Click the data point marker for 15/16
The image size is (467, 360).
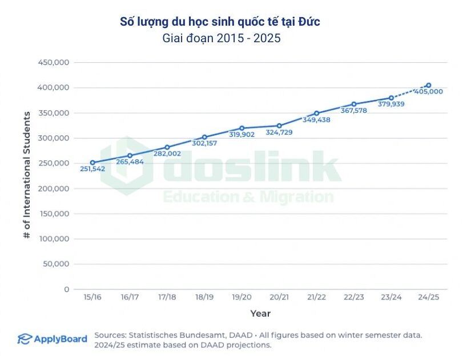[x=92, y=163]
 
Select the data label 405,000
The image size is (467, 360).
[x=429, y=92]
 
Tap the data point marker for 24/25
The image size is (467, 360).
[x=429, y=85]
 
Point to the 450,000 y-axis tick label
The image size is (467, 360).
[x=53, y=62]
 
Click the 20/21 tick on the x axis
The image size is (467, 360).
[x=279, y=297]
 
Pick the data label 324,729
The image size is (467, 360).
[x=280, y=133]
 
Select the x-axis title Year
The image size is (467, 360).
[x=260, y=313]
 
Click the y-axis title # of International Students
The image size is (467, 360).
[x=27, y=175]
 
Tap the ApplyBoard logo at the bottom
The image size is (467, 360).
[x=52, y=339]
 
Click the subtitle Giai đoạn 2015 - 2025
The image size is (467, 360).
[x=222, y=39]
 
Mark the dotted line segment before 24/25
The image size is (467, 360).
[x=410, y=92]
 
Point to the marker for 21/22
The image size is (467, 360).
[x=317, y=113]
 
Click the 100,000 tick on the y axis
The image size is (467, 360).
[x=53, y=238]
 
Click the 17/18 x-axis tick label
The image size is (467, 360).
[x=167, y=297]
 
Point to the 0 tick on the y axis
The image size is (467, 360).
[x=66, y=289]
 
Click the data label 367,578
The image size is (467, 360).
[x=354, y=111]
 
